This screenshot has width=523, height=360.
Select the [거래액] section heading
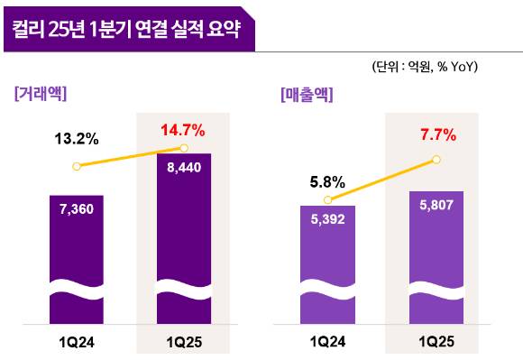pos(41,92)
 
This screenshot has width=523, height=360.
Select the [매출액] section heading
pos(307,92)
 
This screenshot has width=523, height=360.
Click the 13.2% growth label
pos(77,139)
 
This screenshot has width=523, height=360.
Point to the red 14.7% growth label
pos(182,130)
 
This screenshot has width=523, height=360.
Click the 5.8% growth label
pos(327,180)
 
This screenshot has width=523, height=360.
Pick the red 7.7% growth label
pos(436,137)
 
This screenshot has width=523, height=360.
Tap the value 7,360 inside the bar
pos(77,208)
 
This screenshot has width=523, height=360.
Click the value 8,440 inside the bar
pos(184,166)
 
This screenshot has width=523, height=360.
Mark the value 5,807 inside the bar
pos(436,205)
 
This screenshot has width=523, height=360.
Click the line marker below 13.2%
pos(77,166)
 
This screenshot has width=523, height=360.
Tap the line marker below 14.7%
pos(184,148)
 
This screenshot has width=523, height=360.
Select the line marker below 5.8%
pos(328,199)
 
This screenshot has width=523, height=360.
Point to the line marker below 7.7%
pos(436,160)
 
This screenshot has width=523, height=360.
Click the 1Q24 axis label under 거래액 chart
pos(77,342)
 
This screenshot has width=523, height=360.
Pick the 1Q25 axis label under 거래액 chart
pos(184,342)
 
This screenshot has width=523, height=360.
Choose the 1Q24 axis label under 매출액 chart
pos(328,342)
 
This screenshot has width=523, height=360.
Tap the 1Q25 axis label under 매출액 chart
pos(436,342)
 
